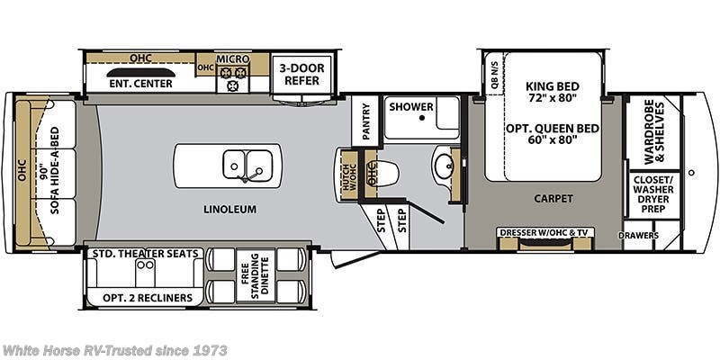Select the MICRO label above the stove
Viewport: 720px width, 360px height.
(233, 58)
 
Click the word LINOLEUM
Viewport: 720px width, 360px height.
(230, 210)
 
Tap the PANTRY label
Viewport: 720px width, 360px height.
(365, 121)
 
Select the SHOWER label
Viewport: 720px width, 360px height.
(410, 106)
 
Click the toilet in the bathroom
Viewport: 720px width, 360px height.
(383, 170)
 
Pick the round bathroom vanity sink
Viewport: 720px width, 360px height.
(444, 166)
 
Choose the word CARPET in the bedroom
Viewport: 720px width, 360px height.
(553, 199)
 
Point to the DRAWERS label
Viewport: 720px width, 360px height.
(639, 236)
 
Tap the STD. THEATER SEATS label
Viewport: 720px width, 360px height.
(145, 255)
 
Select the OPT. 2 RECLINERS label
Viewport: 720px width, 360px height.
(142, 298)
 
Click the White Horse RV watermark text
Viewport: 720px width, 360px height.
(115, 350)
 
